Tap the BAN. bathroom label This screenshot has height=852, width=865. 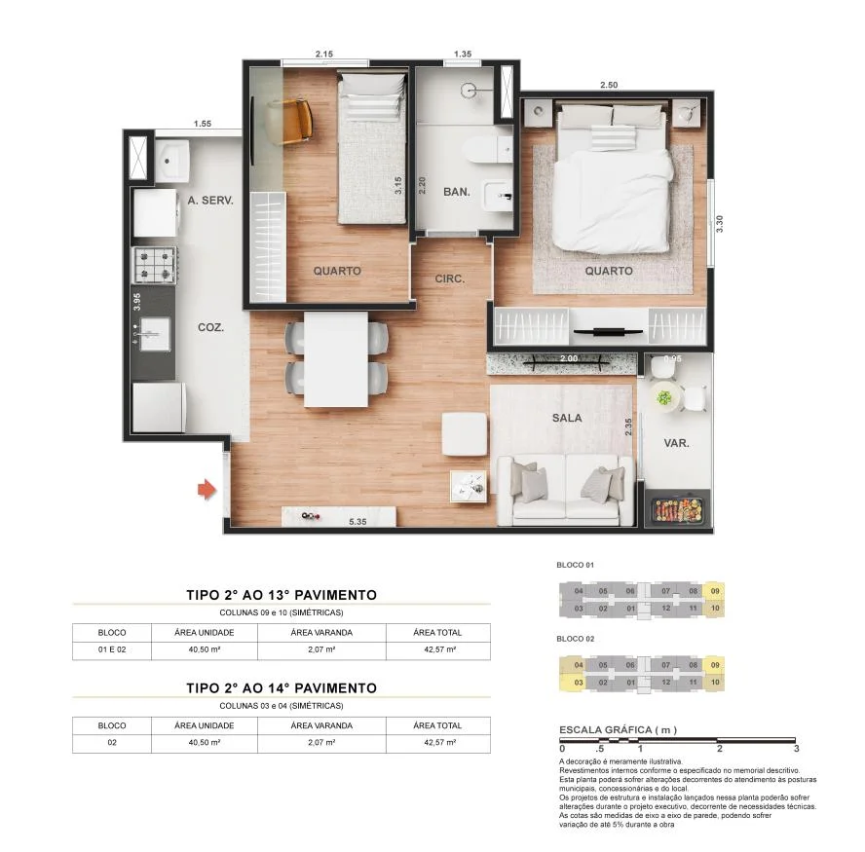click(456, 192)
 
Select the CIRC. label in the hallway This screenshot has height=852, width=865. click(450, 278)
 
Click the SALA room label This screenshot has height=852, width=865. click(566, 418)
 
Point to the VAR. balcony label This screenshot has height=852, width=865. click(676, 443)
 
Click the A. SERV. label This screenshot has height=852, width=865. click(210, 200)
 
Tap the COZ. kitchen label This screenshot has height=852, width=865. click(210, 327)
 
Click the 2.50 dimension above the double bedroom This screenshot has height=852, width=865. click(609, 85)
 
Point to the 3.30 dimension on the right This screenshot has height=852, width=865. click(720, 223)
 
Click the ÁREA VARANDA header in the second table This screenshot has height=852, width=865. click(321, 725)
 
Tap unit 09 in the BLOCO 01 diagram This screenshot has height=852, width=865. click(716, 591)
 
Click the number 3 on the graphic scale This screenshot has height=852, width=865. click(796, 749)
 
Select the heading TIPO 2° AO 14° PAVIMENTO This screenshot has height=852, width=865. click(281, 687)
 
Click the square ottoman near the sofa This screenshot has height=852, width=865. click(465, 433)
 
